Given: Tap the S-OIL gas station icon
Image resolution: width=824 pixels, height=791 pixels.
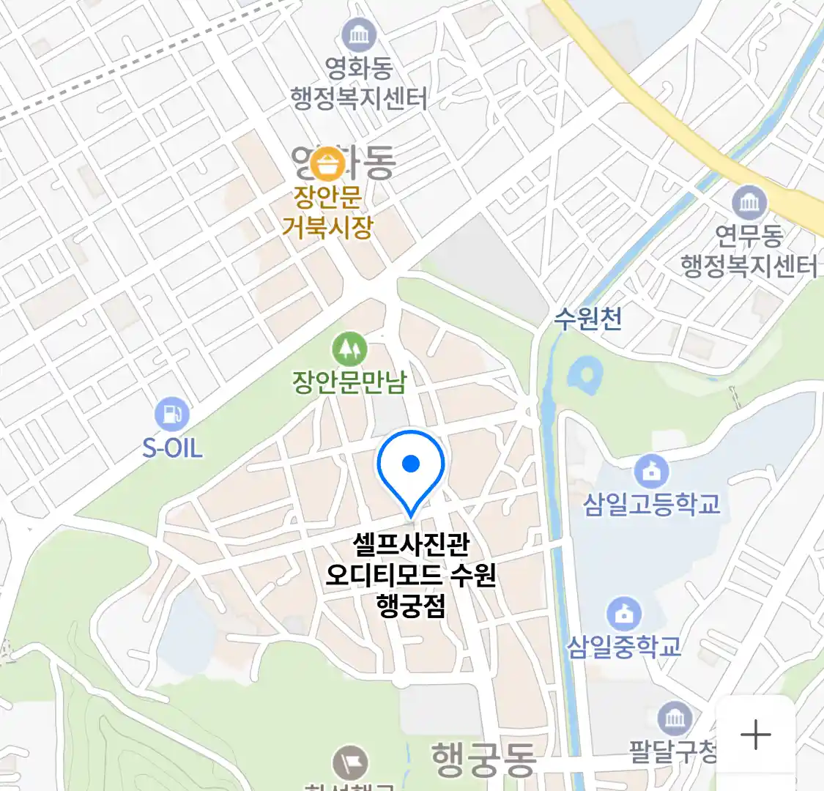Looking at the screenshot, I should (172, 415).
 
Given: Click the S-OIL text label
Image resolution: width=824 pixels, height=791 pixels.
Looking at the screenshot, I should (172, 448).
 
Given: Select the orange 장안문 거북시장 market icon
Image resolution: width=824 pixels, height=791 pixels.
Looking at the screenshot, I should (327, 164).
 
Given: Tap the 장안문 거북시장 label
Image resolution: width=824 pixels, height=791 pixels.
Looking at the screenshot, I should (327, 212).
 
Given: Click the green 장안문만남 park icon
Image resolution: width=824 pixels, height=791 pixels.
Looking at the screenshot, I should (349, 349).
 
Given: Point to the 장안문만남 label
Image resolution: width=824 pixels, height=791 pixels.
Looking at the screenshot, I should (349, 382).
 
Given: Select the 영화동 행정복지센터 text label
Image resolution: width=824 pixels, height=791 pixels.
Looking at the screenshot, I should (359, 83).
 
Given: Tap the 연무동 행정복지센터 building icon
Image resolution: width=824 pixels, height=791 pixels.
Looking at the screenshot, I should (749, 202).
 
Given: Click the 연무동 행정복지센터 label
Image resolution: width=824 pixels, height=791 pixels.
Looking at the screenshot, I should (749, 250).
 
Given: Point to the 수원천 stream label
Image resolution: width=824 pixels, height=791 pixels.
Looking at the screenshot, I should (588, 319).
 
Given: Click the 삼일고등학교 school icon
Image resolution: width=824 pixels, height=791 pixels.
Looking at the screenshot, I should (651, 471).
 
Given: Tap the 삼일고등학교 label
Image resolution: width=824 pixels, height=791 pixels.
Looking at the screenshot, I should (652, 504).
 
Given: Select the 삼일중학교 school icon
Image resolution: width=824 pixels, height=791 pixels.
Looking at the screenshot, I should (624, 614).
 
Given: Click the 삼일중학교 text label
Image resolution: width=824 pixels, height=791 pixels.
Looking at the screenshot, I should (625, 647).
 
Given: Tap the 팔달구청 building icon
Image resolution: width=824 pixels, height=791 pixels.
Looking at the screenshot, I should (674, 718).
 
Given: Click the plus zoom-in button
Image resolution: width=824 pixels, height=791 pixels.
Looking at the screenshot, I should (755, 735).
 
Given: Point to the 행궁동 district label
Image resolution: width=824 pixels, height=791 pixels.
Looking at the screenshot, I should (483, 759).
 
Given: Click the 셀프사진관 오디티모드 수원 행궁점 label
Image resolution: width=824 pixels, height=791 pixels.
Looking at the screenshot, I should (411, 575).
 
